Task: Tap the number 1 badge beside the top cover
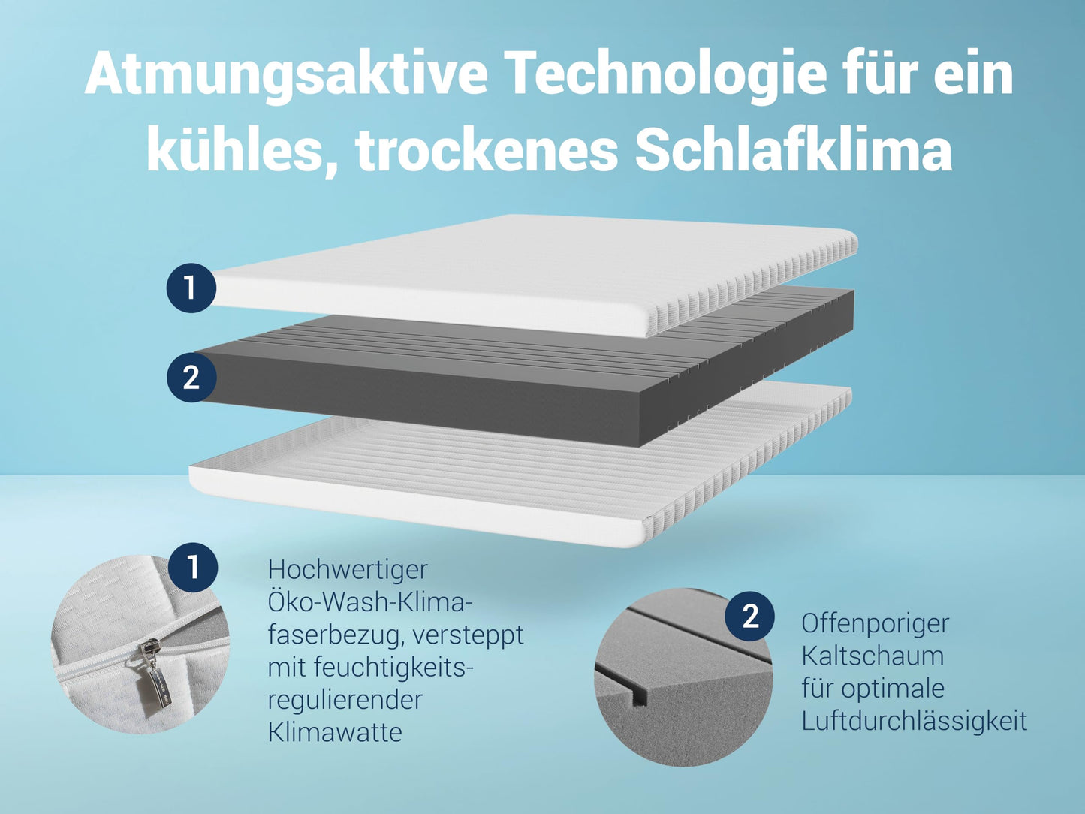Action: (x=191, y=288)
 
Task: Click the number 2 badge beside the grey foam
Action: (x=191, y=378)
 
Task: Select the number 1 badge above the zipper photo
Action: (x=193, y=567)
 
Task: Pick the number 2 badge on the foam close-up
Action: (x=750, y=617)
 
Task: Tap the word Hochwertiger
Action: (x=348, y=571)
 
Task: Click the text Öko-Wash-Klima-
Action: (x=366, y=601)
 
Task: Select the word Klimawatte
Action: (x=335, y=732)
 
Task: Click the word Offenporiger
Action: (x=876, y=625)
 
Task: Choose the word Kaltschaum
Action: (x=873, y=656)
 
